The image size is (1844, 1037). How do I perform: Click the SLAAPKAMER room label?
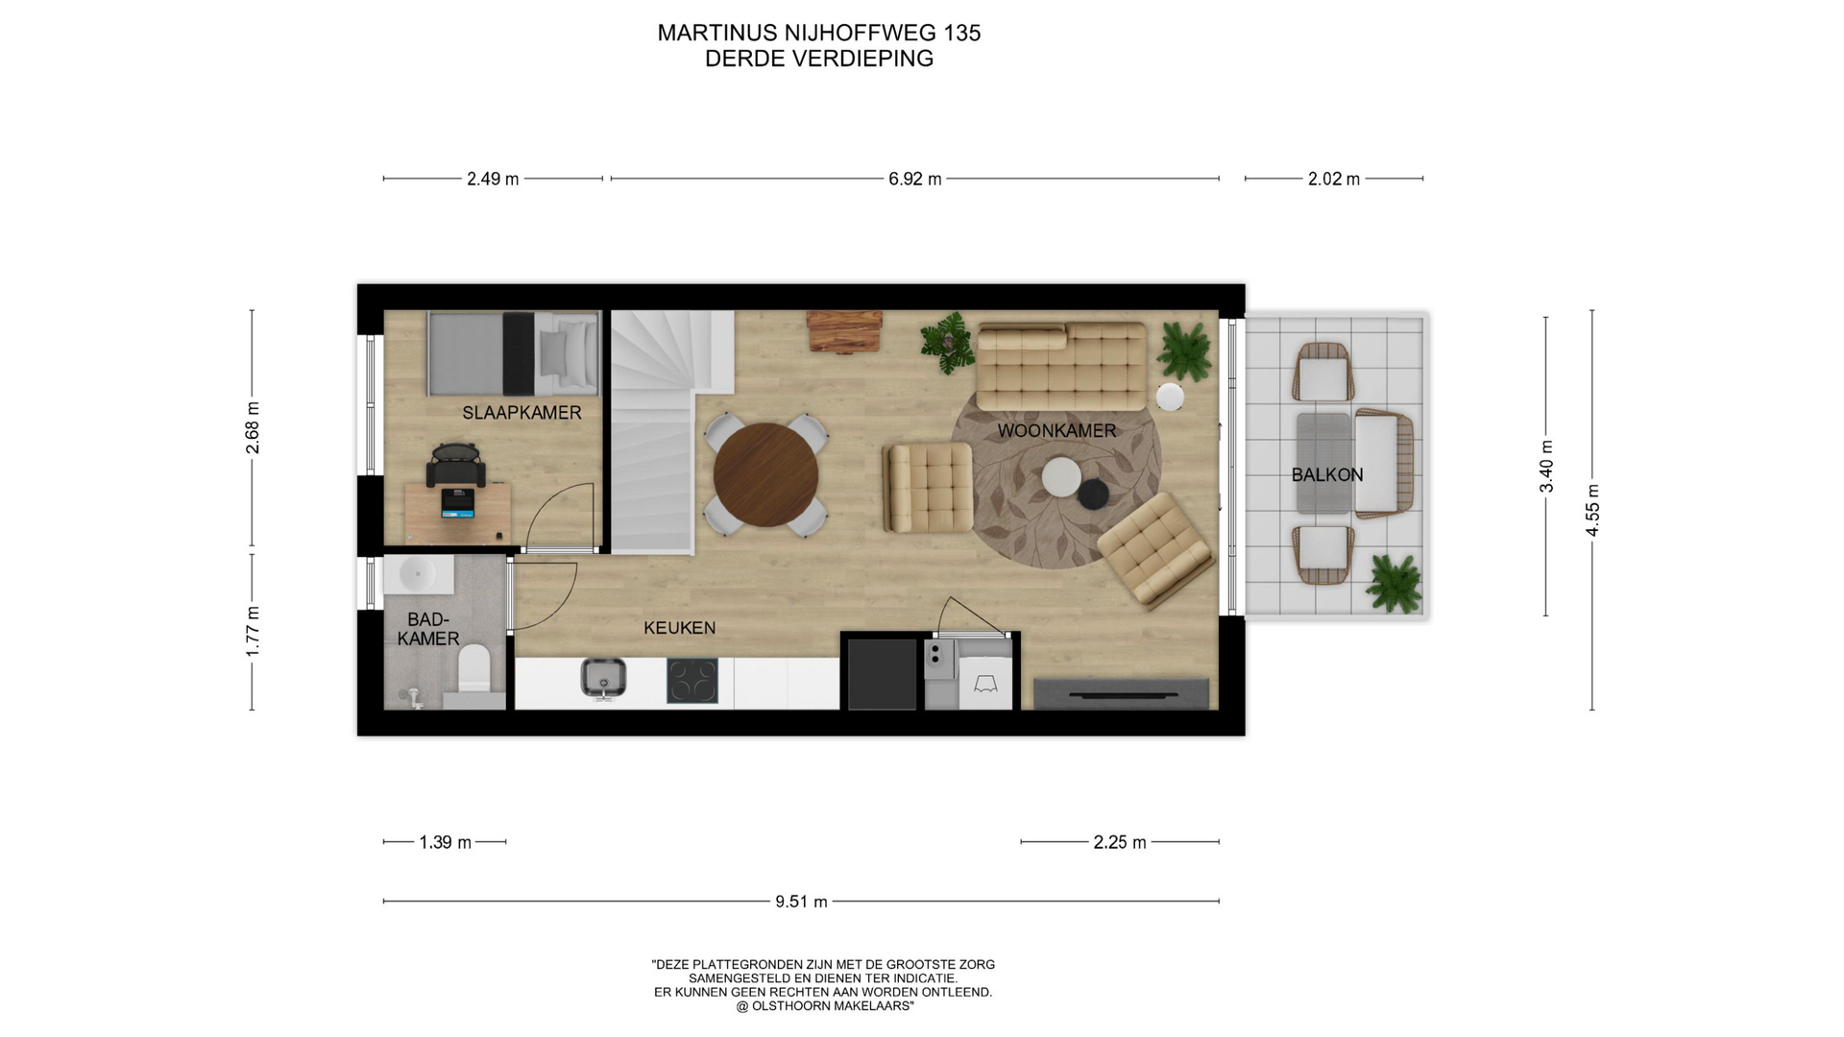(522, 413)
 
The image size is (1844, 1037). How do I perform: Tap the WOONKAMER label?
(1056, 431)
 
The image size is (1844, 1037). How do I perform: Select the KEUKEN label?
(679, 628)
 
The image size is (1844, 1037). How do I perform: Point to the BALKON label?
(1327, 474)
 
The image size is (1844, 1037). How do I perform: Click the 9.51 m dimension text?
(801, 902)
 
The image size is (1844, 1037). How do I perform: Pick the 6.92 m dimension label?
(914, 179)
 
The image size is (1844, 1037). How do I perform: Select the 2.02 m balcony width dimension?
(1334, 179)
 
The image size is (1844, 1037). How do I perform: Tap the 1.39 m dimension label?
(445, 842)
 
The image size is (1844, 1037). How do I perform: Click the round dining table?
(765, 474)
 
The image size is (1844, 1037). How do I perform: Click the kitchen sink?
(603, 678)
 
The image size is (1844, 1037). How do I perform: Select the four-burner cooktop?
(691, 681)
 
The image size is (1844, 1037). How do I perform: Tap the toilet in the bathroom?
(474, 669)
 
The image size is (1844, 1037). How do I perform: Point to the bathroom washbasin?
(419, 575)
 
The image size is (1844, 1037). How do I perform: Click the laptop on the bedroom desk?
(457, 503)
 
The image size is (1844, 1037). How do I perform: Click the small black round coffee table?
(1093, 494)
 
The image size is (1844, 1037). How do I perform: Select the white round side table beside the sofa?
(1170, 397)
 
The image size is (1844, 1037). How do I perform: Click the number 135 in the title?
(961, 33)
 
